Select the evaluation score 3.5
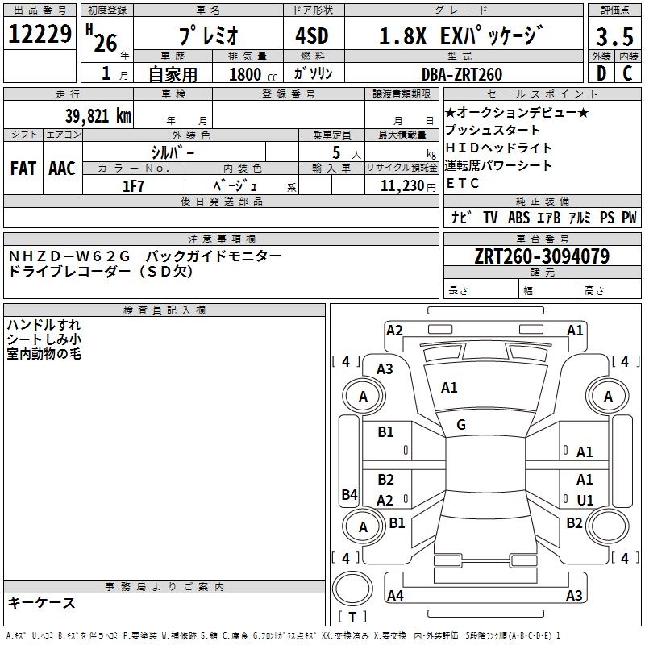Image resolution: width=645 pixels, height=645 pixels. [614, 37]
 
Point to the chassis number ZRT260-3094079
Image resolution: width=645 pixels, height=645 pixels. [541, 256]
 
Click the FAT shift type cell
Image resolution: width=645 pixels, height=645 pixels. [23, 169]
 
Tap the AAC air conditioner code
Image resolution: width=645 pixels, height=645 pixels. [61, 169]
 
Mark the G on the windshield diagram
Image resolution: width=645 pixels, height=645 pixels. [461, 425]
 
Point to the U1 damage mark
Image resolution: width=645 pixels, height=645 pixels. [585, 500]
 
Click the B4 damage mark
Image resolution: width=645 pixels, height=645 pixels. [349, 495]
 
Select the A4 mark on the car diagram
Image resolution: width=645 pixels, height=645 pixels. [395, 595]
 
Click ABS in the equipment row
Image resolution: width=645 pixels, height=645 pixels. [518, 218]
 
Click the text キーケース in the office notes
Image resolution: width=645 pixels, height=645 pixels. [42, 602]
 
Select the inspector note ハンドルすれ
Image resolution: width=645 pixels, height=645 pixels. [44, 325]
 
